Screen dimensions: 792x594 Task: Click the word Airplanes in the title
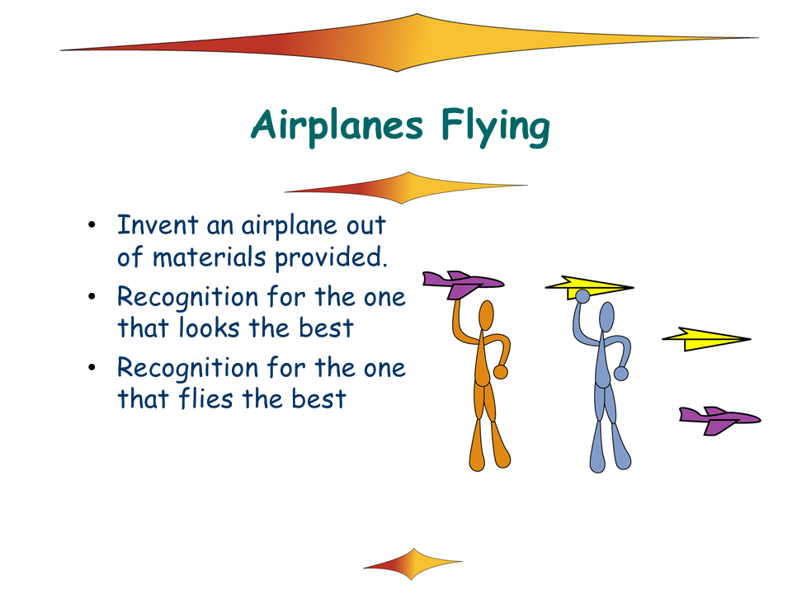point(337,125)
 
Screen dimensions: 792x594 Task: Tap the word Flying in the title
point(496,126)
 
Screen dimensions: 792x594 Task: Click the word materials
point(209,257)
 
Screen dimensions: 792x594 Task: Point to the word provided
point(331,258)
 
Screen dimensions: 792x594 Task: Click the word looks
point(209,328)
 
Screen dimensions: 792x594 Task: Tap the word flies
point(206,398)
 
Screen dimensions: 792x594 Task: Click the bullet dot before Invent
point(92,225)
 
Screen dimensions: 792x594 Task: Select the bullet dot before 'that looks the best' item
point(92,296)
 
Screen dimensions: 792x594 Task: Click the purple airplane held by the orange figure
point(462,284)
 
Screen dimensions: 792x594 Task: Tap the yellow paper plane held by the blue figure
point(589,287)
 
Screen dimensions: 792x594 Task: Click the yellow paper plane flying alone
point(706,339)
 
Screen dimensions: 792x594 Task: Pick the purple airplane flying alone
point(719,420)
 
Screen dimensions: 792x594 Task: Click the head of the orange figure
point(486,316)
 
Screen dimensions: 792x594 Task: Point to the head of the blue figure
point(606,317)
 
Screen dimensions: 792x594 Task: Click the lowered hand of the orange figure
point(501,372)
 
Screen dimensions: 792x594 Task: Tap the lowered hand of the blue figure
point(620,373)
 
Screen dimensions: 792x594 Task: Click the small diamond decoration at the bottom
point(412,563)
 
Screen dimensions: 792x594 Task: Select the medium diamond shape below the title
point(406,188)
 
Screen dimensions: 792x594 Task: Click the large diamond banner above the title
point(409,43)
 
